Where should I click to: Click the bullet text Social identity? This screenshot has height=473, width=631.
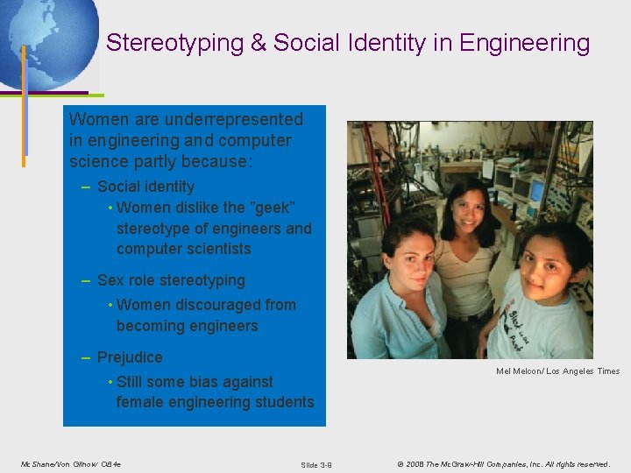[x=145, y=187]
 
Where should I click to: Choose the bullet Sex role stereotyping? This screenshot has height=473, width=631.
[x=171, y=281]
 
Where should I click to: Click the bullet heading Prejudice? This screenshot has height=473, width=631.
[x=130, y=357]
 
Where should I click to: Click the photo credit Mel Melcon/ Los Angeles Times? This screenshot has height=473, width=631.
[x=557, y=371]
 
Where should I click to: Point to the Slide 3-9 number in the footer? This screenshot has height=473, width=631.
[x=315, y=464]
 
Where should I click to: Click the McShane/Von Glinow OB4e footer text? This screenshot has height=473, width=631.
[x=71, y=463]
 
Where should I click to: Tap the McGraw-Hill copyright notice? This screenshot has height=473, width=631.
[x=503, y=463]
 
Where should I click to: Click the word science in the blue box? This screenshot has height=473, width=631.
[x=95, y=162]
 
